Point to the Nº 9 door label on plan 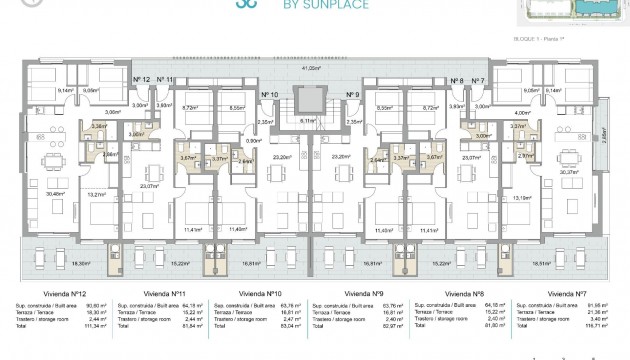352,95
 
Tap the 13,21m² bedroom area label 96,196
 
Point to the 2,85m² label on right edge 606,131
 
